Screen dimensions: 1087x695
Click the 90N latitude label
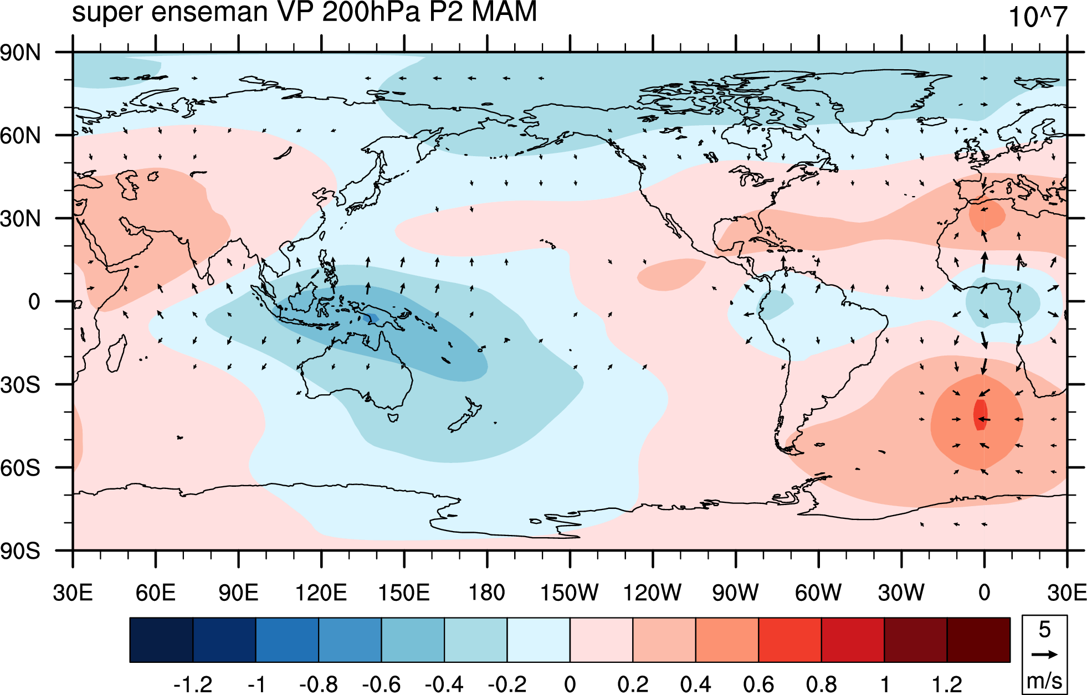click(x=20, y=53)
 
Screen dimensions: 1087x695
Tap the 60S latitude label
click(x=20, y=468)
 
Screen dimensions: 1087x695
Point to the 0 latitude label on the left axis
click(x=34, y=302)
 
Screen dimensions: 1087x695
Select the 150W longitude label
click(x=569, y=593)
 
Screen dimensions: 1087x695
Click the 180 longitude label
click(x=486, y=593)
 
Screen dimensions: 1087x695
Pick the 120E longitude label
click(x=321, y=593)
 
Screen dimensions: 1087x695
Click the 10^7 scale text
click(x=1037, y=17)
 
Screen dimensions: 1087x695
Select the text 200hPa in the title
click(x=372, y=12)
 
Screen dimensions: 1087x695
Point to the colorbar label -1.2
click(x=193, y=684)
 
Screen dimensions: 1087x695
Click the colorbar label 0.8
click(x=821, y=684)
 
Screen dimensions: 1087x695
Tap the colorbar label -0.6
click(x=381, y=684)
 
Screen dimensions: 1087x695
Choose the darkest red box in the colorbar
click(x=978, y=640)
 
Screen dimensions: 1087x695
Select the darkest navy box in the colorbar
click(x=161, y=640)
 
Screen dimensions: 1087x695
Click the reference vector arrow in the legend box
click(x=1044, y=655)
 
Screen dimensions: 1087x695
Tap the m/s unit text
click(x=1044, y=680)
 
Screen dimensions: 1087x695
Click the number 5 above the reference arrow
click(x=1044, y=630)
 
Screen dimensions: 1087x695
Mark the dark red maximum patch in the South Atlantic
click(x=980, y=414)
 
